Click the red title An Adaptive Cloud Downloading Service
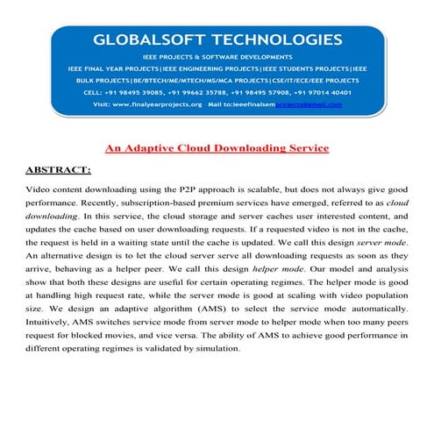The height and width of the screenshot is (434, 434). pyautogui.click(x=217, y=148)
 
